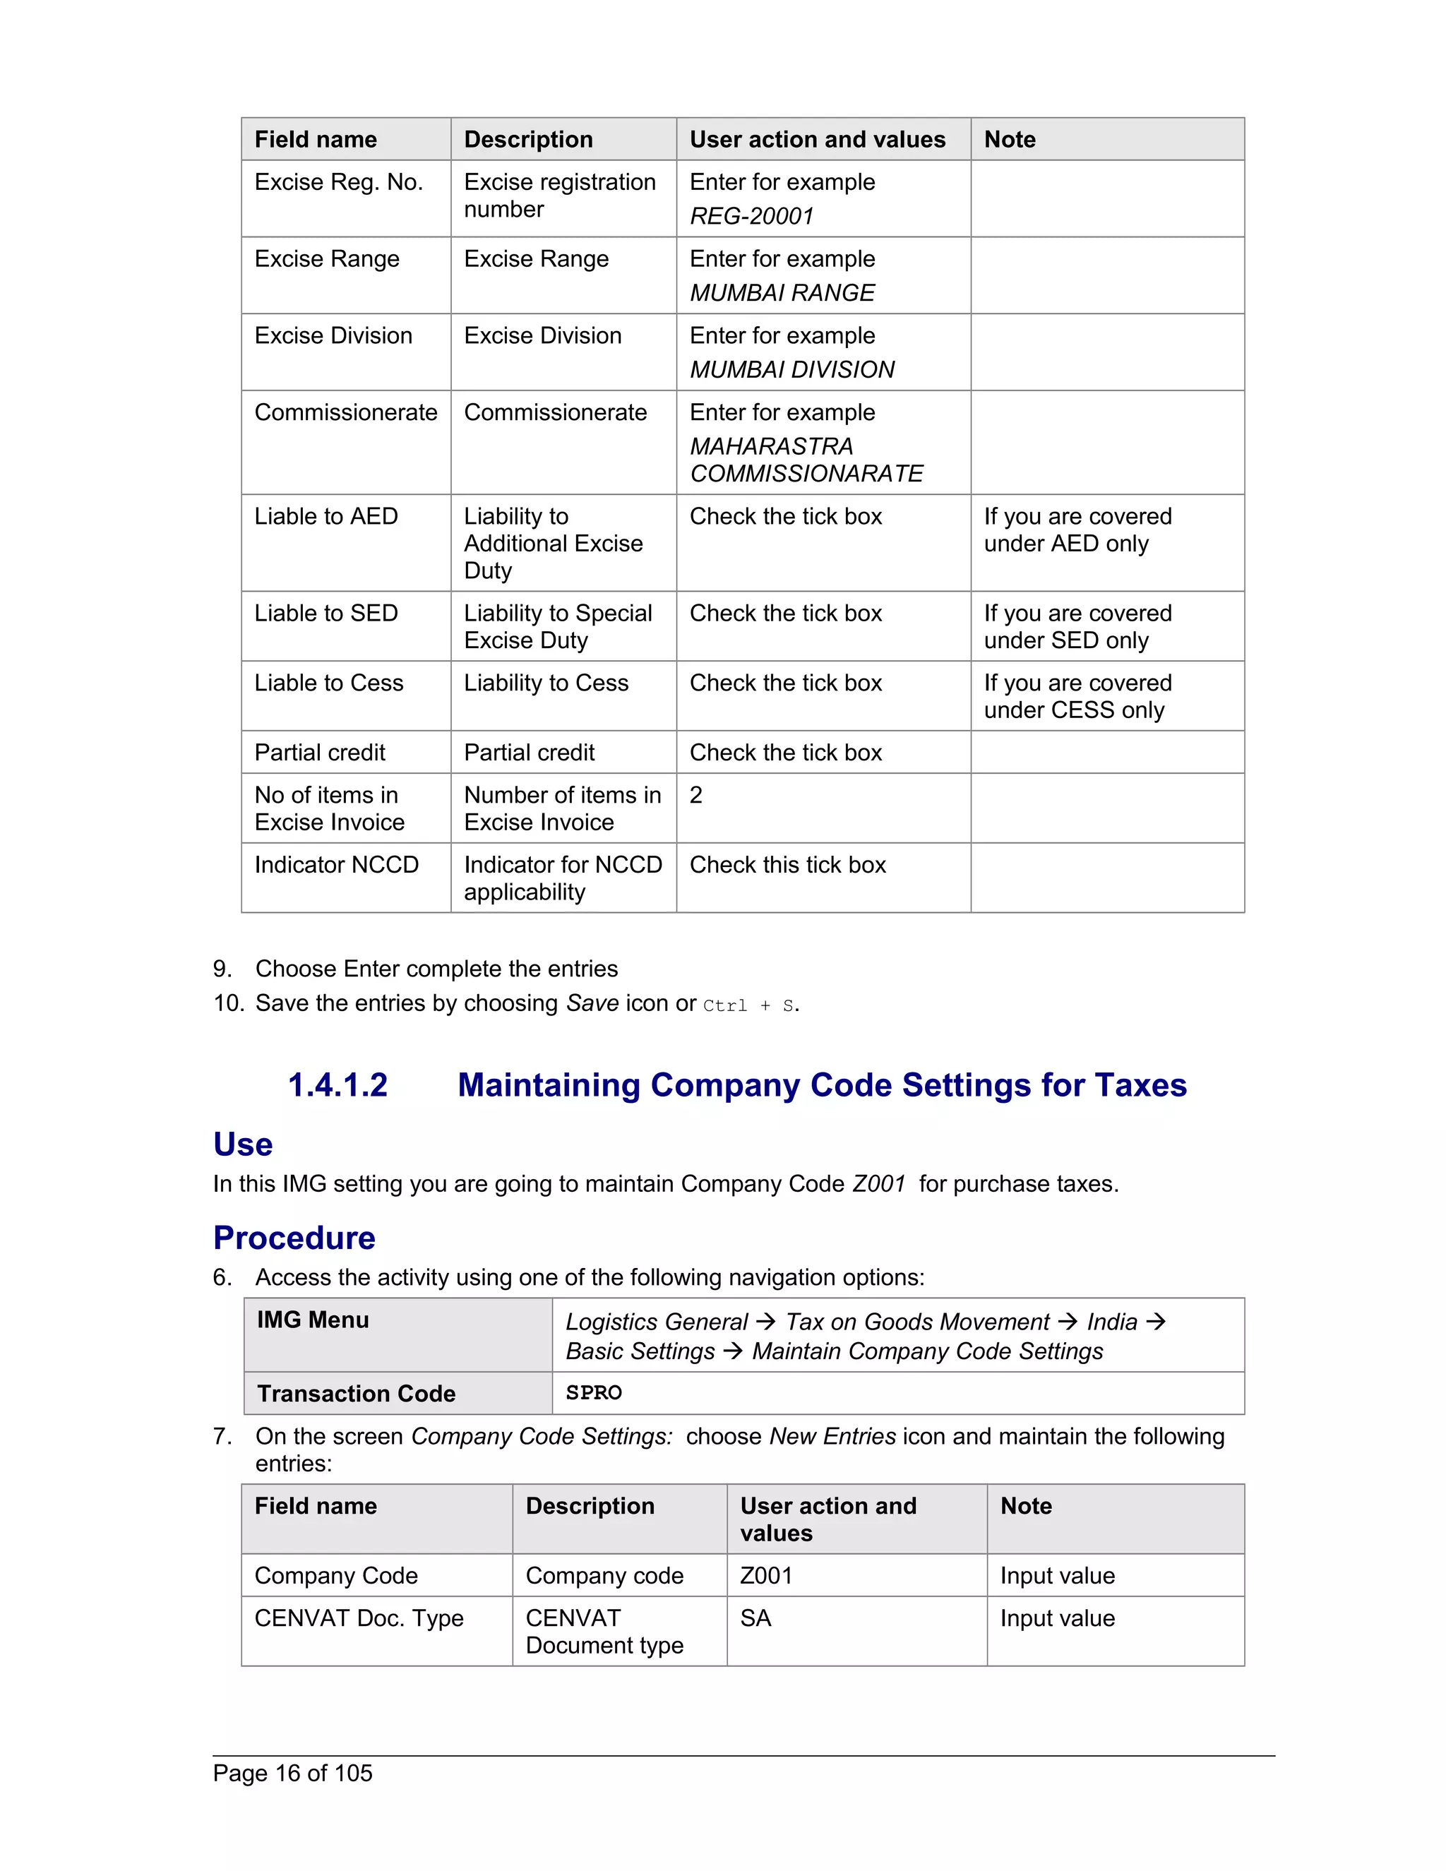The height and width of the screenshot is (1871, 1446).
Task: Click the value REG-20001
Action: [751, 216]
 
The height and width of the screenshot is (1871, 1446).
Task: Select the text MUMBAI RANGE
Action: [782, 293]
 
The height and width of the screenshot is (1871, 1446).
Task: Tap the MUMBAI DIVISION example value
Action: [791, 369]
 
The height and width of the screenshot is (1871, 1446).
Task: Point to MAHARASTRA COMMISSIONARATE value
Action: [806, 460]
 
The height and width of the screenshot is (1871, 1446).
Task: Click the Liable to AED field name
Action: [325, 517]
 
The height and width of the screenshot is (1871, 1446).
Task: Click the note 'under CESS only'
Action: [1073, 710]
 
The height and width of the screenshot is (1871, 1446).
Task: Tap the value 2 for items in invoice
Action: [695, 795]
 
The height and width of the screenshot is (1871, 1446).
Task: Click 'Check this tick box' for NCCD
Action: [787, 866]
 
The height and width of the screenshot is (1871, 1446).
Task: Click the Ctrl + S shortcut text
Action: [747, 1005]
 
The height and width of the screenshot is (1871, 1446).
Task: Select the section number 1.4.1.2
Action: [337, 1085]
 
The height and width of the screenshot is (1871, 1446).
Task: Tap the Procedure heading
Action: [294, 1238]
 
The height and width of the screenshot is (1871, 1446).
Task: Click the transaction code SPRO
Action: [594, 1393]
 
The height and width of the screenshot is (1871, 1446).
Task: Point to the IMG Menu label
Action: [313, 1320]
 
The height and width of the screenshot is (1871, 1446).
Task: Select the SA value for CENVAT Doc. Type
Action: [755, 1618]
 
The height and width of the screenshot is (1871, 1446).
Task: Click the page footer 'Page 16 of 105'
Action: [292, 1774]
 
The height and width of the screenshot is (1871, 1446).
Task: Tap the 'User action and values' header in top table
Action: [816, 140]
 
